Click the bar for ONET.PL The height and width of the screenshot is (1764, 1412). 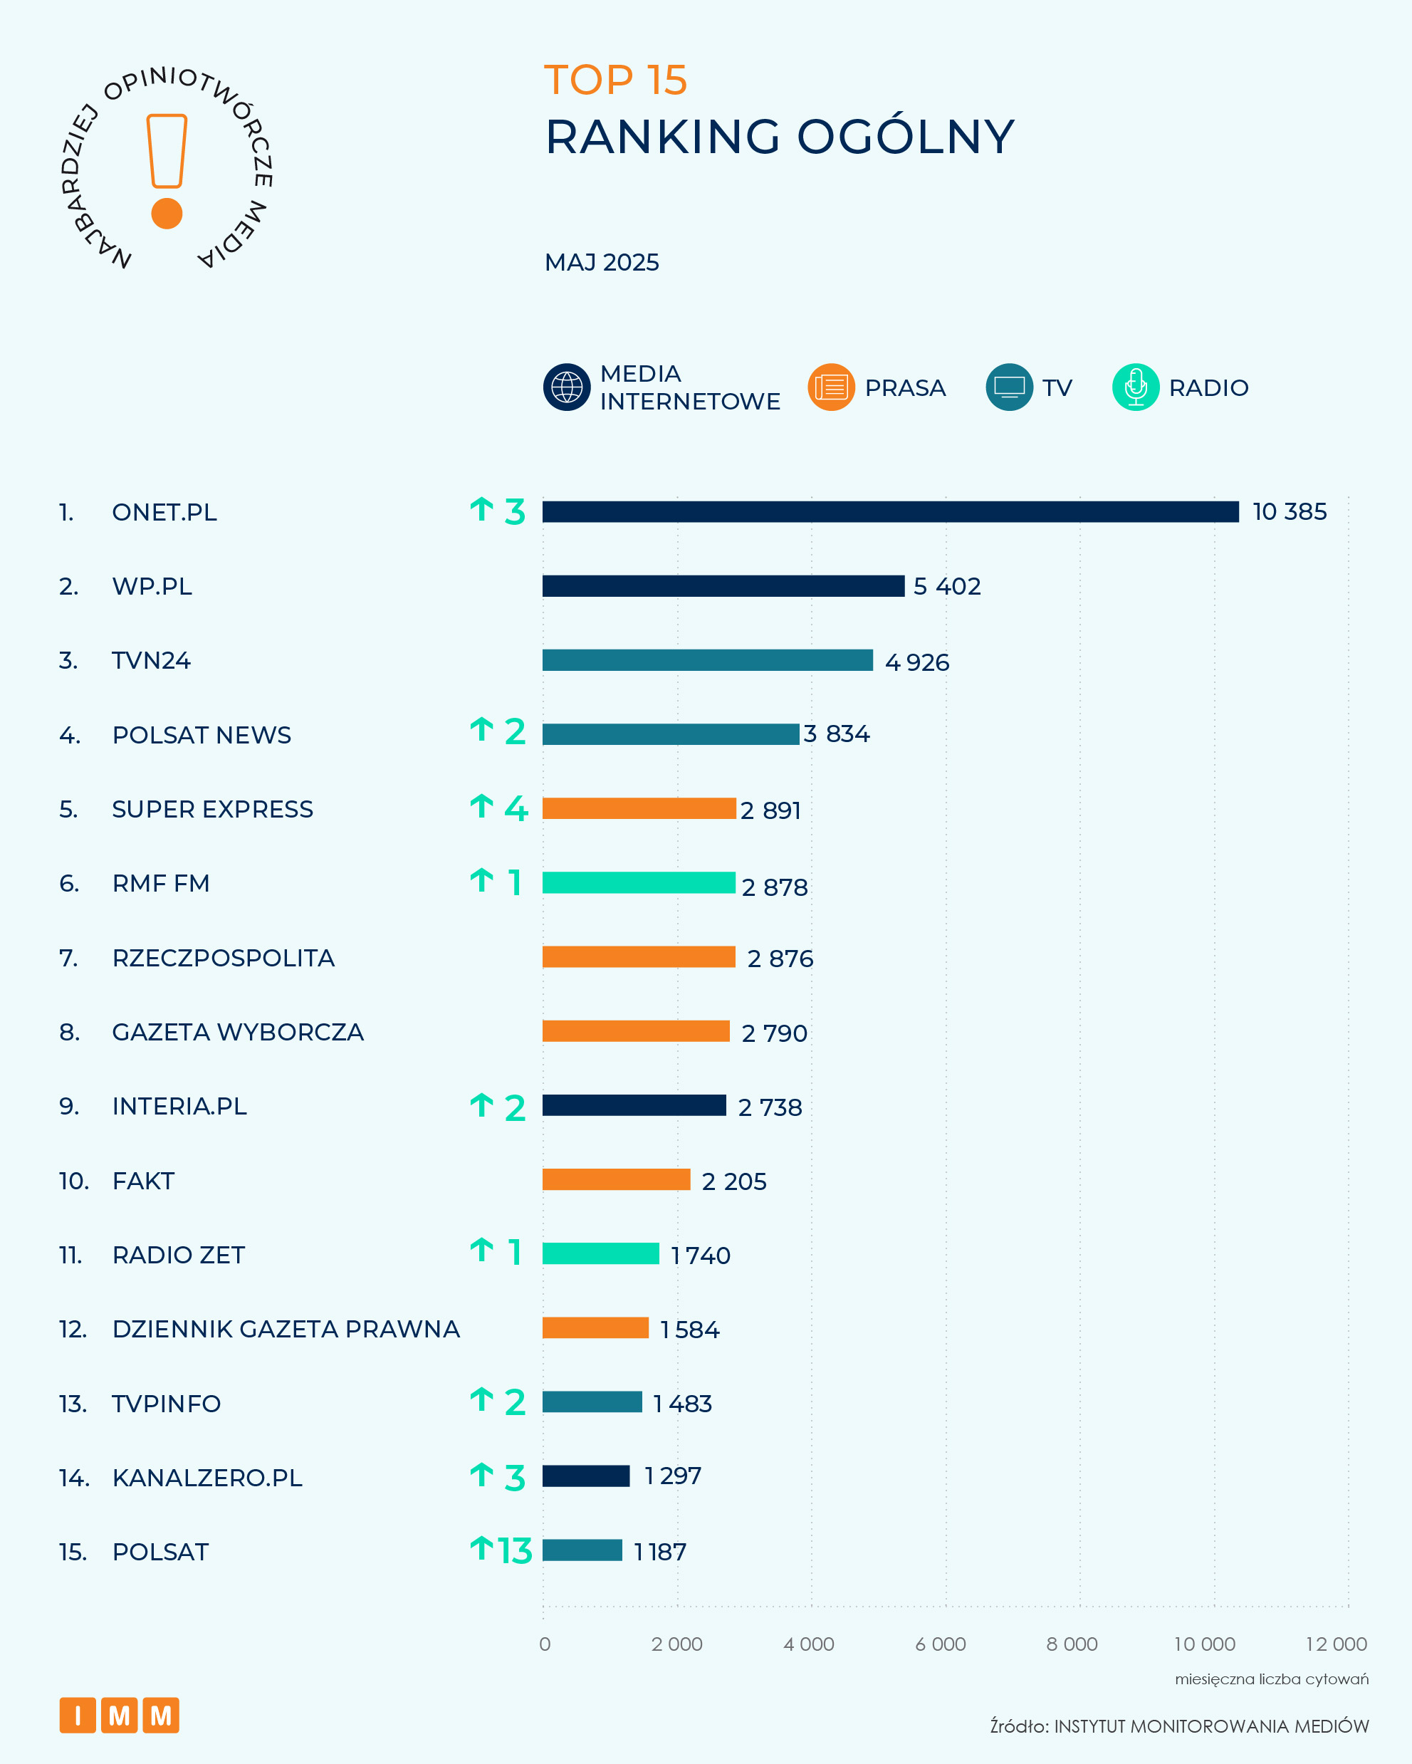coord(890,511)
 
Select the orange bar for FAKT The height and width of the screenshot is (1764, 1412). coord(616,1179)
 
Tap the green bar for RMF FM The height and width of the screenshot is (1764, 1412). coord(638,882)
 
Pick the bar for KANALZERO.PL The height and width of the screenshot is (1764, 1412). coord(586,1476)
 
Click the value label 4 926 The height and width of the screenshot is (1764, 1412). coord(916,662)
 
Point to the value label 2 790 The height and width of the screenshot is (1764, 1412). coord(774,1033)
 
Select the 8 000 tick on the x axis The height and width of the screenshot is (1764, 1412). coord(1072,1644)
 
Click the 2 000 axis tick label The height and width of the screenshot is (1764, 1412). coord(676,1644)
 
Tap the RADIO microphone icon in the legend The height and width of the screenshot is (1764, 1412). coord(1136,387)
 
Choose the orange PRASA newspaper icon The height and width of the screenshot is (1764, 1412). coord(831,387)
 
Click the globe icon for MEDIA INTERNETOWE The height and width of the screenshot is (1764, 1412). coord(567,387)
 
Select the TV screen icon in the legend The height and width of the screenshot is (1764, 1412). coord(1010,387)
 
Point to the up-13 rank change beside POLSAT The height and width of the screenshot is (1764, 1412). coord(501,1550)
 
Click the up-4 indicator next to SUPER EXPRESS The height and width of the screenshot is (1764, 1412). coord(499,808)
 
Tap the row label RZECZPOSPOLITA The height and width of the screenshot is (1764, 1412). coord(224,957)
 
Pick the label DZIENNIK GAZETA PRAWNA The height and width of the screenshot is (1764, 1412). coord(286,1329)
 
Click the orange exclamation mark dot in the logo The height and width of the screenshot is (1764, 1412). coord(167,214)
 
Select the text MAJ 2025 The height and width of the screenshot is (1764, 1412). coord(601,263)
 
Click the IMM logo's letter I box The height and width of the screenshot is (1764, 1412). coord(78,1715)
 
